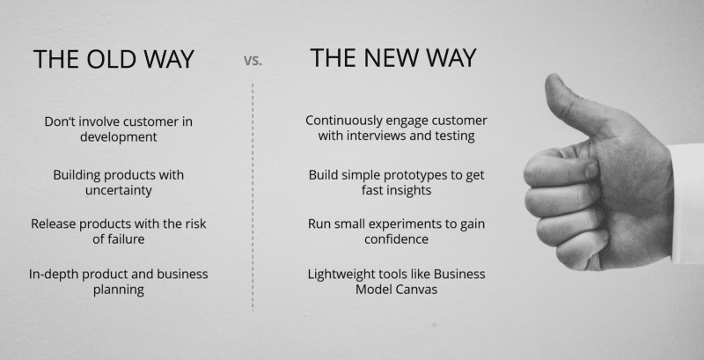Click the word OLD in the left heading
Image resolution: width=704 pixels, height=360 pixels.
coord(112,59)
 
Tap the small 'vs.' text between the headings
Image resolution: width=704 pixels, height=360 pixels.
coord(253,61)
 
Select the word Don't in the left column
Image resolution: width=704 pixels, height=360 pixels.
coord(57,121)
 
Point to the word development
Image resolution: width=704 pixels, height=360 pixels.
coord(119,137)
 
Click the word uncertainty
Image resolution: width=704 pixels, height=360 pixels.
coord(119,190)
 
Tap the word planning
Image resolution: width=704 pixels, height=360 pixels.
coord(119,290)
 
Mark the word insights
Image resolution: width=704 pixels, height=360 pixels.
coord(410,190)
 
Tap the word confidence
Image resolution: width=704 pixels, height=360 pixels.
coord(397,239)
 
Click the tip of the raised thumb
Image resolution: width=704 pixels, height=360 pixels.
coord(554,77)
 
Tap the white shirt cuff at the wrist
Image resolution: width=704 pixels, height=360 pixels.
coord(687,203)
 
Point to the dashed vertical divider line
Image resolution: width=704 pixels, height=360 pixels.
coord(253,196)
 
